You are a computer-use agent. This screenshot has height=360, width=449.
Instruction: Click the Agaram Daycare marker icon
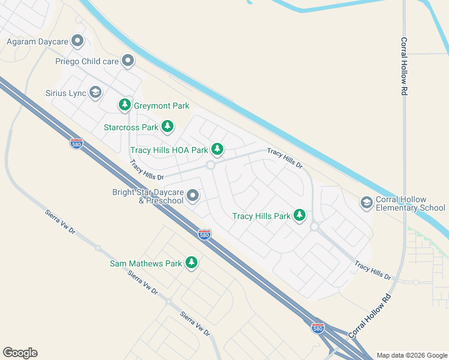77,41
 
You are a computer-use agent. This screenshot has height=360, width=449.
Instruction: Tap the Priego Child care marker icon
127,61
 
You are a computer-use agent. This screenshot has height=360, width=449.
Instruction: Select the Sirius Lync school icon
95,92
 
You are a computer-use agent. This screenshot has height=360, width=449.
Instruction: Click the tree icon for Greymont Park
125,106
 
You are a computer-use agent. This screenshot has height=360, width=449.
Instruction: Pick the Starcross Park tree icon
167,127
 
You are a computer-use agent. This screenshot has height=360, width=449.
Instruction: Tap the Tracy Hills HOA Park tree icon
217,149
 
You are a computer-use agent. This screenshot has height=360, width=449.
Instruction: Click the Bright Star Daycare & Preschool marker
193,196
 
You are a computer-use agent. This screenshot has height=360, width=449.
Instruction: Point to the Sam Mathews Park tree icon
191,263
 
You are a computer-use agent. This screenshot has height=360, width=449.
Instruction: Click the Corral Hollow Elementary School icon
366,203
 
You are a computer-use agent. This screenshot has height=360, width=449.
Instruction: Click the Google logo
20,353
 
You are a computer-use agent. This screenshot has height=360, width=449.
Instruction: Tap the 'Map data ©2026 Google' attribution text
412,355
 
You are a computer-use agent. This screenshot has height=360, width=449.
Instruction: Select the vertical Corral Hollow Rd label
404,67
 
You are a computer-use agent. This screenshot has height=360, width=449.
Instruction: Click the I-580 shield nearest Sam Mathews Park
204,235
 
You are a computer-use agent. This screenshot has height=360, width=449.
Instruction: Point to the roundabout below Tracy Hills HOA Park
211,165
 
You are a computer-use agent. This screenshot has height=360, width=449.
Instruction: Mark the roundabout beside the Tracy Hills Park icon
314,227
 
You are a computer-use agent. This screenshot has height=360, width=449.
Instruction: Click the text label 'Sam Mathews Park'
146,263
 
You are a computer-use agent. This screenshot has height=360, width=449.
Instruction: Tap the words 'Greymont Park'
161,106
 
